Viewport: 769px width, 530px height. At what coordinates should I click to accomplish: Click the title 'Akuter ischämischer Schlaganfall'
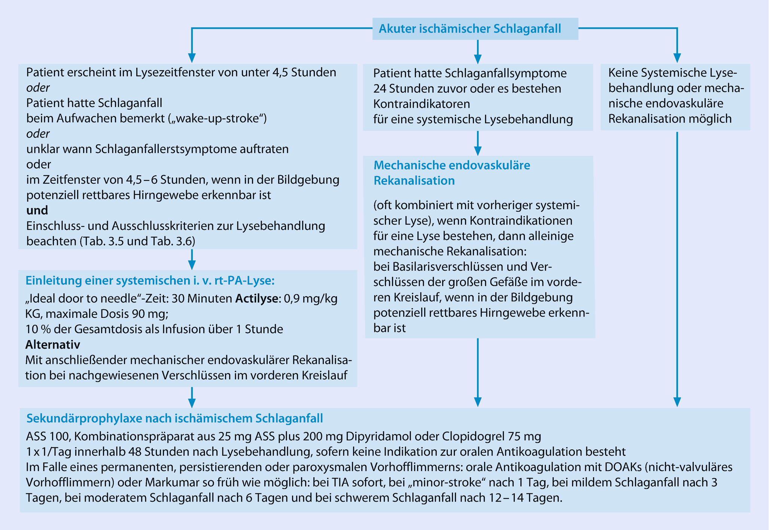coord(469,29)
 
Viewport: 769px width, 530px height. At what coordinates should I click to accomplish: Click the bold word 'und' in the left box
coord(37,211)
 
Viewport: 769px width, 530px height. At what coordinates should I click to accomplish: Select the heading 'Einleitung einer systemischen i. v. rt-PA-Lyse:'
coord(150,281)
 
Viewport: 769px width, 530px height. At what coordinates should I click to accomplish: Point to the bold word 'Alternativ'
coord(52,344)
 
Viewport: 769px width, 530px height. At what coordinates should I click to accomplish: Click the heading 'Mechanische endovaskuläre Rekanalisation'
coord(452,173)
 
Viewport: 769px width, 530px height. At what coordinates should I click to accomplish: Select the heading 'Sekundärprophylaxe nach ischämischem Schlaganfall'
coord(174,418)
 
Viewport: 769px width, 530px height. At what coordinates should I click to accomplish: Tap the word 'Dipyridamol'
coord(379,436)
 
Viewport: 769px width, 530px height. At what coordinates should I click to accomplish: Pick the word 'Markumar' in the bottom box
coord(172,482)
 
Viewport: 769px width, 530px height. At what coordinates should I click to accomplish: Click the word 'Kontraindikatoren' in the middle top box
coord(422,104)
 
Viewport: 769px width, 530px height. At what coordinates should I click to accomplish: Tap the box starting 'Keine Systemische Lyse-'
coord(675,96)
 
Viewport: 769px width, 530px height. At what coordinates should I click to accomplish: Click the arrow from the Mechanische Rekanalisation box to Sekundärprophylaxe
coord(477,372)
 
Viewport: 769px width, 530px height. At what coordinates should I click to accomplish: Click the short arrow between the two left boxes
coord(192,259)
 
